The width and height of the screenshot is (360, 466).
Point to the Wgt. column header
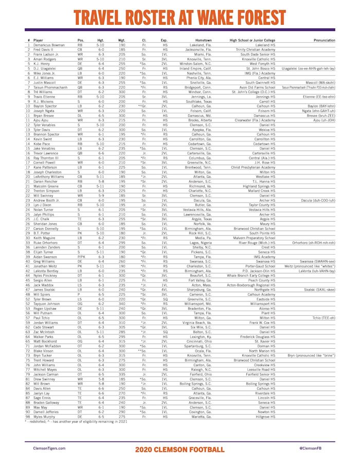[121, 40]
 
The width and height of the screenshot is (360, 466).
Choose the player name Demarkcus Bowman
[49, 45]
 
